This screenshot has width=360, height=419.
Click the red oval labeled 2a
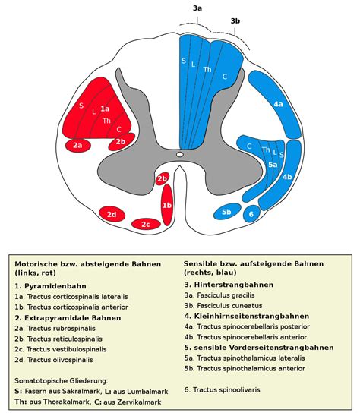pos(77,146)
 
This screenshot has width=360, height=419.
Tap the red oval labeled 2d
pos(112,214)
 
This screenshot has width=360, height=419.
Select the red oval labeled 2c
pos(146,224)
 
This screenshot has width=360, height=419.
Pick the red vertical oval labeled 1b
pos(167,205)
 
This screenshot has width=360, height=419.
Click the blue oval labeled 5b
pos(227,211)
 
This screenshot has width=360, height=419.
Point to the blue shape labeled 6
pos(251,213)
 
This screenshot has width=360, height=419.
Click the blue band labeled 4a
pos(275,104)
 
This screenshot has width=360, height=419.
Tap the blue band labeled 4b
pos(283,176)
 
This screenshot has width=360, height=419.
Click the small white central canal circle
pos(180,154)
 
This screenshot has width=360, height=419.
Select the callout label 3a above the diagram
pos(197,8)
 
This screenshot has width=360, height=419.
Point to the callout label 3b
pos(235,20)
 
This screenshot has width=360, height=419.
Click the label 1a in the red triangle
pos(105,109)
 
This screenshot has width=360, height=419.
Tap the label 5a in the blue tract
pos(273,165)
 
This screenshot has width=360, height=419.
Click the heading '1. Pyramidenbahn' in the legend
pos(51,286)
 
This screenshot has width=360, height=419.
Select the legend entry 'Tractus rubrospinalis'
pos(62,328)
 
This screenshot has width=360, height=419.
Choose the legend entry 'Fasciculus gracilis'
pos(226,295)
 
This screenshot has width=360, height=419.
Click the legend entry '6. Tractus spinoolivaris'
pos(222,389)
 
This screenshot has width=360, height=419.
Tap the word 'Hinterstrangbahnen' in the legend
pos(234,285)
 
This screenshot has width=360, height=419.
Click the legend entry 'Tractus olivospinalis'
pos(60,360)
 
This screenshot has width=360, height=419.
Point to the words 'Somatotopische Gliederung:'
pos(62,380)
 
